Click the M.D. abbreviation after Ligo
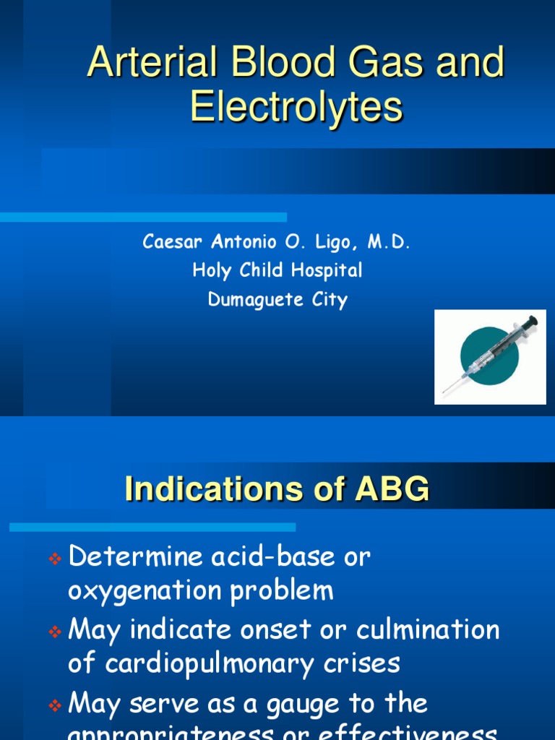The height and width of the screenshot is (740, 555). pyautogui.click(x=389, y=243)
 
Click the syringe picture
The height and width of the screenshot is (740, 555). pyautogui.click(x=490, y=356)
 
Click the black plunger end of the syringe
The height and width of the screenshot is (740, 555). pyautogui.click(x=531, y=320)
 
